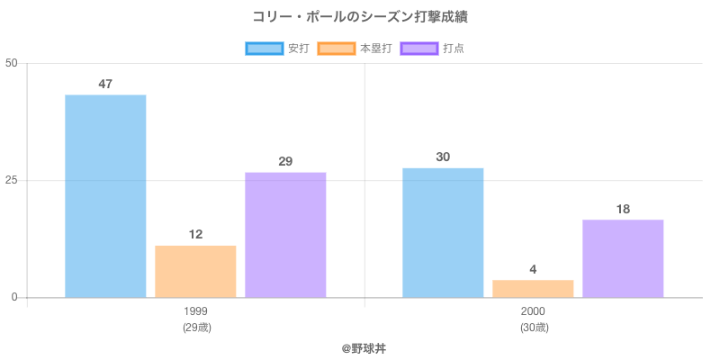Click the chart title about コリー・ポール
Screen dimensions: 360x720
[360, 17]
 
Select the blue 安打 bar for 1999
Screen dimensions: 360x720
[105, 196]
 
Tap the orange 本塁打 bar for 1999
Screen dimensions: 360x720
[195, 271]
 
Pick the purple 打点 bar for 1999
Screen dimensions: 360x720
[285, 235]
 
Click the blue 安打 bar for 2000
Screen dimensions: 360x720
[443, 232]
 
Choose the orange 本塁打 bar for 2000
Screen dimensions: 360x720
[533, 288]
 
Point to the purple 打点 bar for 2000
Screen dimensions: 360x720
[623, 258]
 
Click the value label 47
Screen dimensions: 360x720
[105, 85]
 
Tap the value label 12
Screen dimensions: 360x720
[195, 235]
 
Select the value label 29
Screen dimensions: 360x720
[285, 162]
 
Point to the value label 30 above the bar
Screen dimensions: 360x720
[443, 157]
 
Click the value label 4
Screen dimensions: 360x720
[533, 269]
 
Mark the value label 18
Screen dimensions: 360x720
[623, 210]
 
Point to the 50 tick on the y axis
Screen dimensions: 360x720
[11, 63]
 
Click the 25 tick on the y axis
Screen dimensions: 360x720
[11, 180]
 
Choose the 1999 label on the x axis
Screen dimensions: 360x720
[195, 311]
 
